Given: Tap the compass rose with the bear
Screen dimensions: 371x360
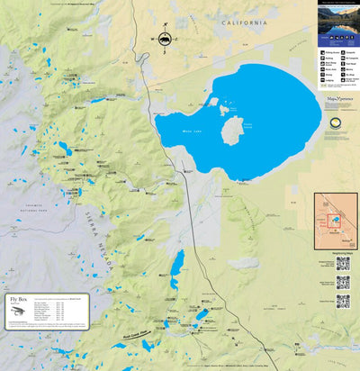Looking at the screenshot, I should point(165,40).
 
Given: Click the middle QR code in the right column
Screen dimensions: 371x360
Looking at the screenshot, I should point(343,282).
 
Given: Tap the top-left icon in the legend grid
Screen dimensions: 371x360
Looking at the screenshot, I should point(322,52).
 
